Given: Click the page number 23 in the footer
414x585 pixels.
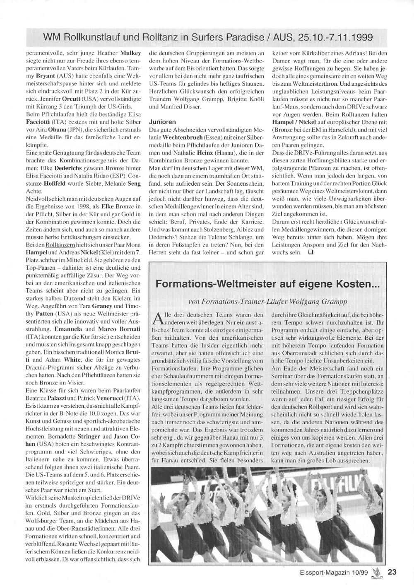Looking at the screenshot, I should point(392,572).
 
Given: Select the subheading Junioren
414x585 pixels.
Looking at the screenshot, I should point(162,122).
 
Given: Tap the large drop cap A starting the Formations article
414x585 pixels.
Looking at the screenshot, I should point(159,318).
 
